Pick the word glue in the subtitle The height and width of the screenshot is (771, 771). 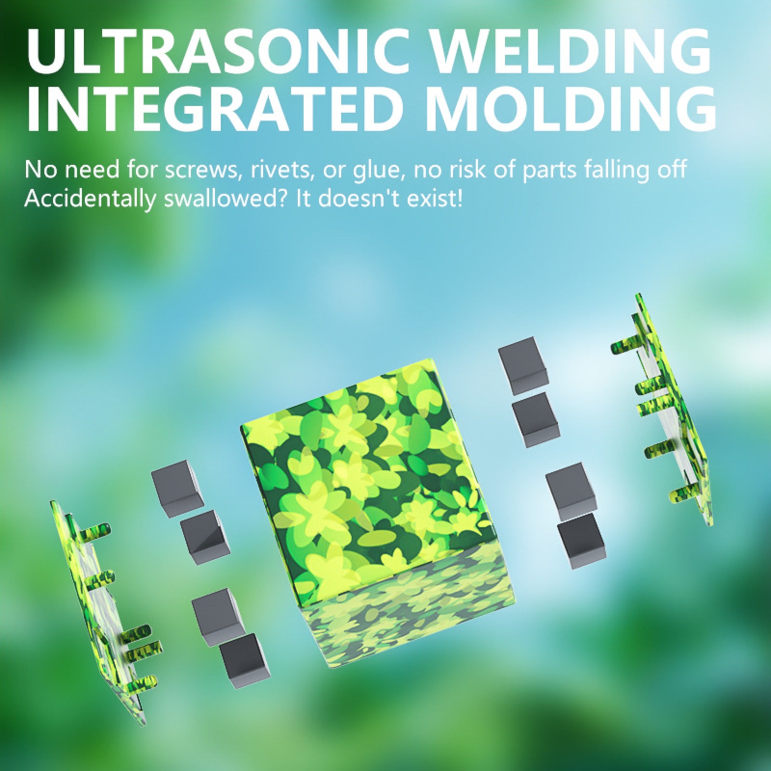click(x=379, y=171)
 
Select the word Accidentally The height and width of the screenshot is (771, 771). click(x=90, y=199)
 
